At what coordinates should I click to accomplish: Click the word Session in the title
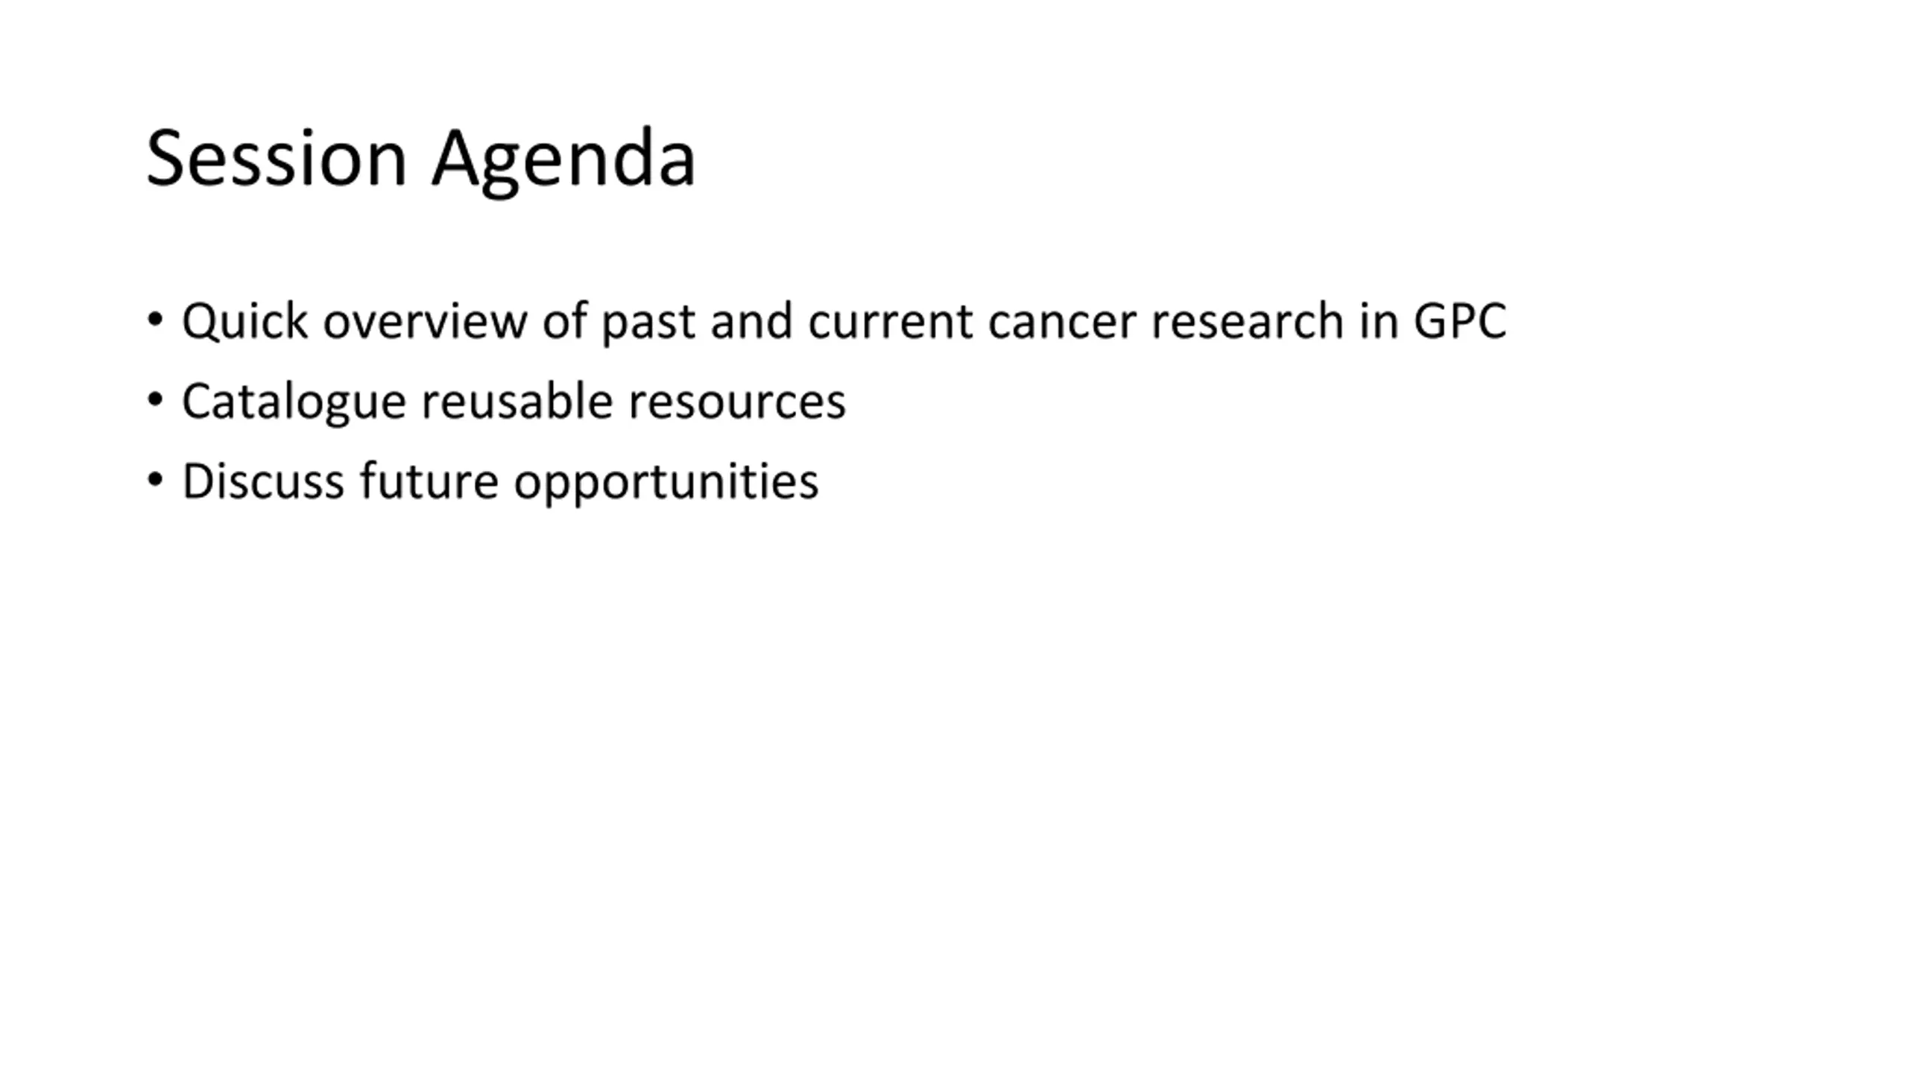277,158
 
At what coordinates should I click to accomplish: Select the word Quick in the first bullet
244,323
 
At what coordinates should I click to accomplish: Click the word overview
425,322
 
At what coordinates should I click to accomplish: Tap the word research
1248,322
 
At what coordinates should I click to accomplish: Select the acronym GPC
1460,322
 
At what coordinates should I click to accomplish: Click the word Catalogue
294,403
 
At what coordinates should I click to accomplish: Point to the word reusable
517,402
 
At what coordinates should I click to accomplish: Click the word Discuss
263,482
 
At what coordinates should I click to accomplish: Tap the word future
429,482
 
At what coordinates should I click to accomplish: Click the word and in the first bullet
751,322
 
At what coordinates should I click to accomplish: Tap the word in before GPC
1378,322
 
